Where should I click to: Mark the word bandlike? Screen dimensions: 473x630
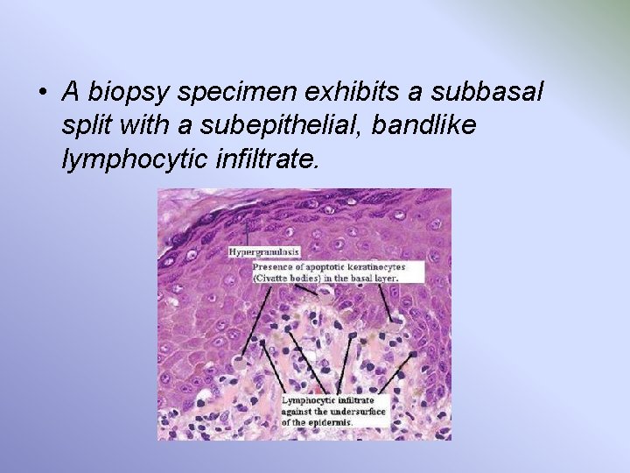point(424,125)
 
